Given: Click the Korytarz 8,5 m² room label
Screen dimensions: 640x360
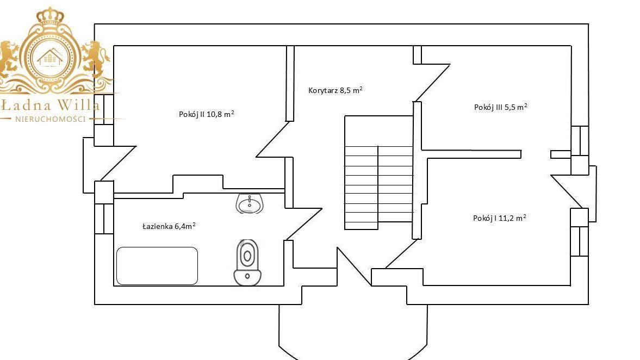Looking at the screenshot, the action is coord(335,90).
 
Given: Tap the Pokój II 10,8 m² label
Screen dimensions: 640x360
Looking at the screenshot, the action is coord(206,114).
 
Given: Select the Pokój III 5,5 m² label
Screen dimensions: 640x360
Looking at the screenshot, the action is coord(500,107).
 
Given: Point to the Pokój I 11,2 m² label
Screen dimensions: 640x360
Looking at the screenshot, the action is coord(499,218).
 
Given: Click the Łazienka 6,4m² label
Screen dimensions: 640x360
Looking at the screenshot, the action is coord(169,226).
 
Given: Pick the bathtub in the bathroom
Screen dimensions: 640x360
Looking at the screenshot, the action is coord(157,266).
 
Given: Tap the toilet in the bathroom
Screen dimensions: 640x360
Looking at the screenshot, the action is coord(247,263).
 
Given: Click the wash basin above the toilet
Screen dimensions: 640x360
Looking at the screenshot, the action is coord(250,203).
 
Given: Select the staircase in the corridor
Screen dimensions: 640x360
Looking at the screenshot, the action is coord(379,172).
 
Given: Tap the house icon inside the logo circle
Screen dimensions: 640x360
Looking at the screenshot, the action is coord(50,58).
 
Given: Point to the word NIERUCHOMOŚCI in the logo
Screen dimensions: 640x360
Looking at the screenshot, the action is coord(51,119).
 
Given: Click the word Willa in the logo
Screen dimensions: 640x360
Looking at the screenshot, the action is coord(78,105).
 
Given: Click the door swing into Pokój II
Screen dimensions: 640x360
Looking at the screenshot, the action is coord(272,139).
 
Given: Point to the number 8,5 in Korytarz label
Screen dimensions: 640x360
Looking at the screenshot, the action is coord(345,91).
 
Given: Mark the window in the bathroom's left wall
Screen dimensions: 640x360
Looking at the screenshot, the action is coord(104,219).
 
